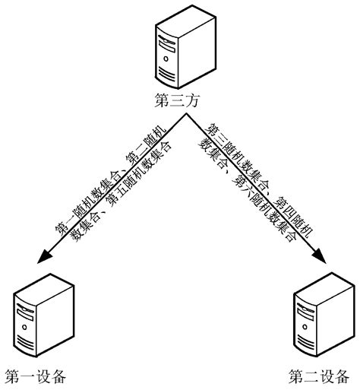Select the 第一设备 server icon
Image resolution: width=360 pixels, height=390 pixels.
[x=33, y=319]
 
